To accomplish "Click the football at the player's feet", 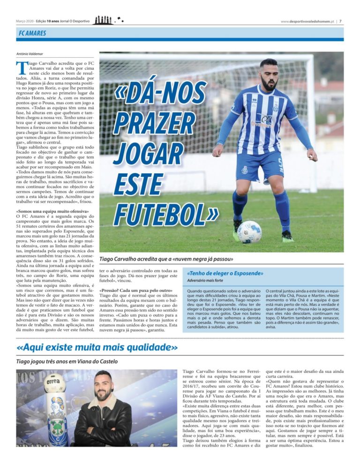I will click(x=249, y=231).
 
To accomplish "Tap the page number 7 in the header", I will click(x=341, y=21).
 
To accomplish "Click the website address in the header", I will click(x=307, y=21).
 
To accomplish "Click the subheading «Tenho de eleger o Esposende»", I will click(x=225, y=273).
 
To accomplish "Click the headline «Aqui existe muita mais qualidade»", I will click(x=97, y=347).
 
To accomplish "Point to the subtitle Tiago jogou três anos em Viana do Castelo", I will click(x=67, y=362).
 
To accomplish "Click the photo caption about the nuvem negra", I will click(x=166, y=259).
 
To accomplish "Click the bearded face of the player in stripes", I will click(x=268, y=77).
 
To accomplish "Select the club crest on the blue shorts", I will click(x=244, y=170).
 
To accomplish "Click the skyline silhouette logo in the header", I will click(x=103, y=21).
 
